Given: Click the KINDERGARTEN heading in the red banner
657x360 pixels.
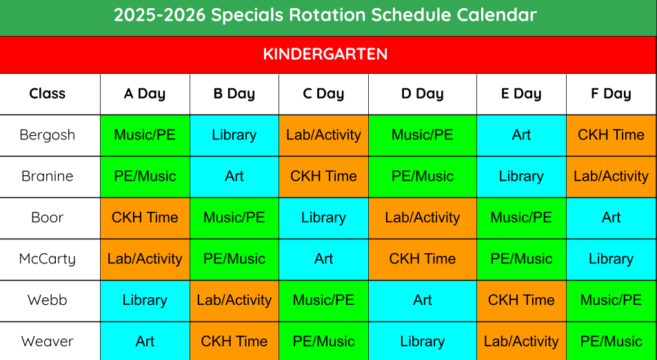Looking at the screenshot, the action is point(325,54).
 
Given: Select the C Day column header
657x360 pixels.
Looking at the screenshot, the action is point(323,94).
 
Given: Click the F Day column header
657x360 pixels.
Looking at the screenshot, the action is point(611,94).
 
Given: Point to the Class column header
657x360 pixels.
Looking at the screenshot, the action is point(48,93).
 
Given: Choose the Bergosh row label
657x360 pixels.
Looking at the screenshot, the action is point(48,135).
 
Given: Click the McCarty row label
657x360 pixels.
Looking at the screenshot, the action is point(48,259).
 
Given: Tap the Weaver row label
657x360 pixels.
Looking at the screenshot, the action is point(48,341).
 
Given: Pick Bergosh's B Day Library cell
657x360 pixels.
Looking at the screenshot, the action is point(234,135).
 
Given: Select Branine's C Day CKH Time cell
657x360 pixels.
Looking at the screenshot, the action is point(323,177).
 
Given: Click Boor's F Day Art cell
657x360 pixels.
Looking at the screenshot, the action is point(611,217).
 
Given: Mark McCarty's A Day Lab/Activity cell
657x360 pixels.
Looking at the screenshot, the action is point(145,259).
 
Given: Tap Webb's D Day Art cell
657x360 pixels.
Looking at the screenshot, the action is point(423,300).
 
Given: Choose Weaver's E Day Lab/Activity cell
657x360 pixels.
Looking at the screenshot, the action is point(521,341).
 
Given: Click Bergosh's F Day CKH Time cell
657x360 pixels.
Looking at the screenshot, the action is point(611,135).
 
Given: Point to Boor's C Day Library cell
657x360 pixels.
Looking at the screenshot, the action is point(323,217).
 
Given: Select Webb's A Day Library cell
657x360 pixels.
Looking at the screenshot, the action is point(145,300).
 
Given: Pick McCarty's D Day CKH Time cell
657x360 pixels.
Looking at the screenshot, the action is point(423,259).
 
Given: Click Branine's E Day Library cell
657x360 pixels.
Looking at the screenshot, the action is point(521,177).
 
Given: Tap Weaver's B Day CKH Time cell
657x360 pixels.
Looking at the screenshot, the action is point(234,341).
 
